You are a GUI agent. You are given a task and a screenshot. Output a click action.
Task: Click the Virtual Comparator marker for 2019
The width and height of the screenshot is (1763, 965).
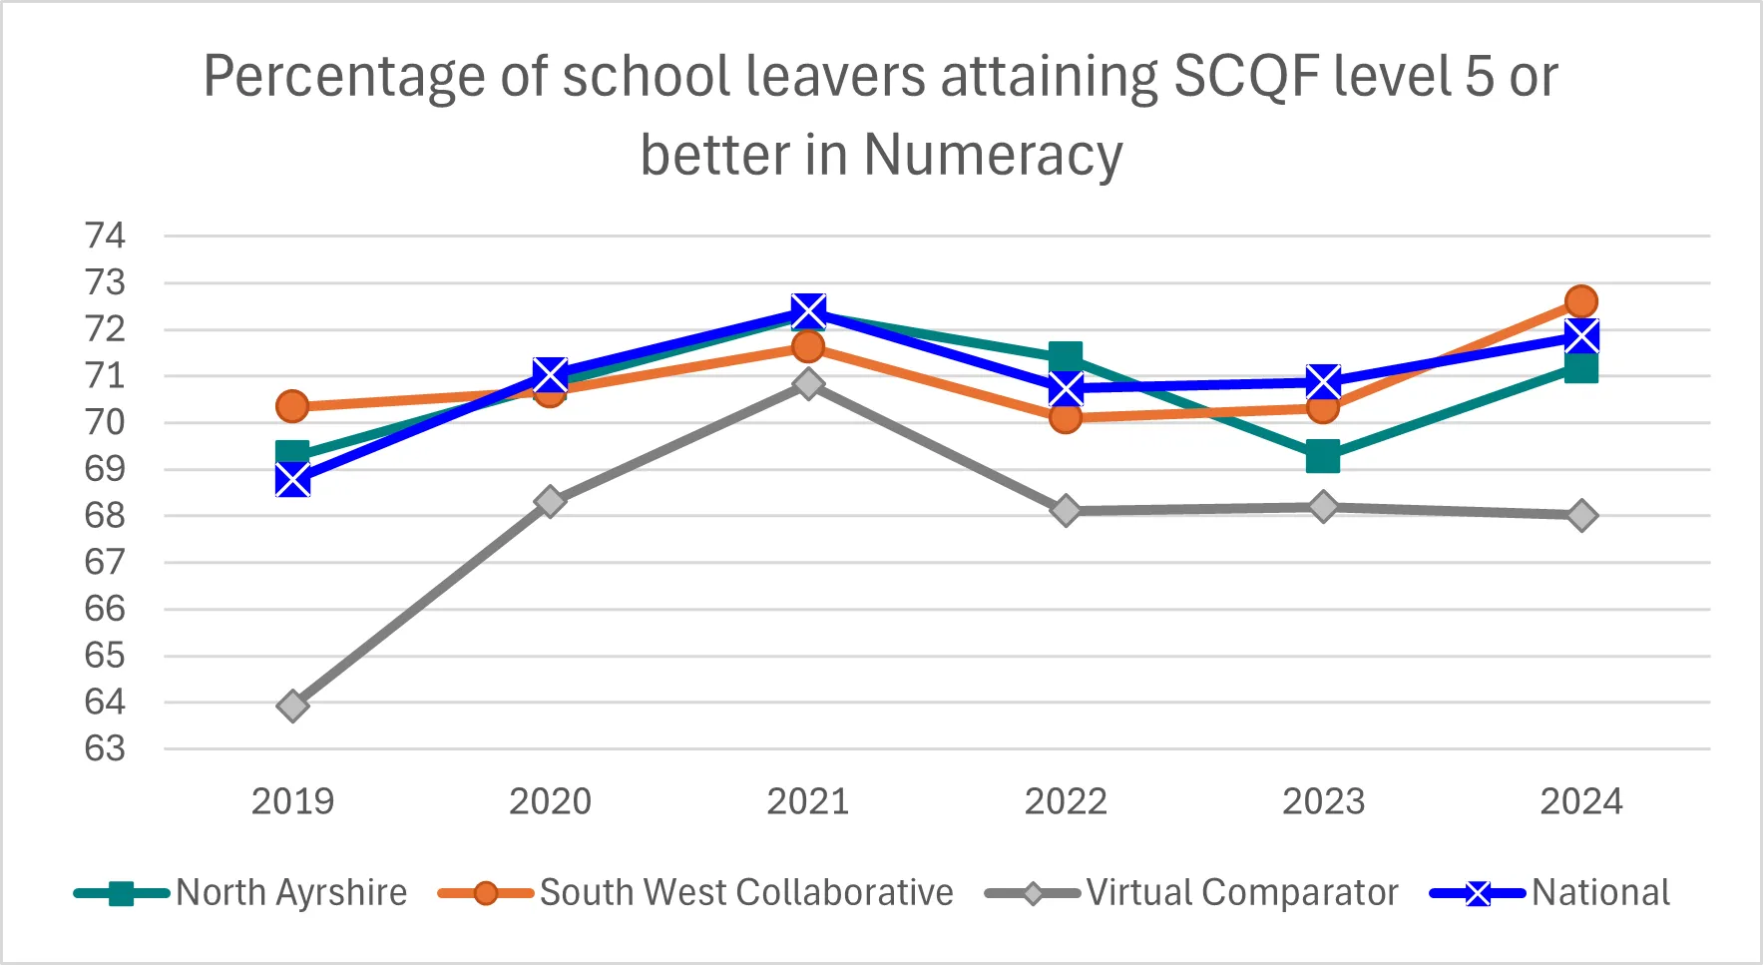[292, 707]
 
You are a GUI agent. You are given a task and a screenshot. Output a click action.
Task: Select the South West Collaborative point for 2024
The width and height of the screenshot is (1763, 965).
[1581, 301]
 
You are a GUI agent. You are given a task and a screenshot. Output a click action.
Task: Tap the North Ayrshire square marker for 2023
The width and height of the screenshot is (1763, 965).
[1323, 457]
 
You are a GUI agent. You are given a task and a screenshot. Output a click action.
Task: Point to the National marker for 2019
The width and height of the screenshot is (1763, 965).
[292, 480]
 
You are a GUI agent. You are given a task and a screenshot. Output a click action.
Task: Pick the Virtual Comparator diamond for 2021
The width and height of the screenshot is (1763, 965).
[808, 384]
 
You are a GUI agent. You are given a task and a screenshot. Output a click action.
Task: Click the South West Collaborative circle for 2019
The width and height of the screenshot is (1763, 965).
[292, 406]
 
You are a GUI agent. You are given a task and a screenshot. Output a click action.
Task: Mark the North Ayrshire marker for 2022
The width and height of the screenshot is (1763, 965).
[1066, 356]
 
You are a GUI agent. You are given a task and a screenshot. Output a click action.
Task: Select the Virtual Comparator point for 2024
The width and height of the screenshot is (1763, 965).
[1581, 516]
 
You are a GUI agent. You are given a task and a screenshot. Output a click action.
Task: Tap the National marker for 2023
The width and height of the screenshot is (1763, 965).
[1323, 382]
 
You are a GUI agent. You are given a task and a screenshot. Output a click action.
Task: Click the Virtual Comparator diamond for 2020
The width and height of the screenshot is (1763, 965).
[550, 501]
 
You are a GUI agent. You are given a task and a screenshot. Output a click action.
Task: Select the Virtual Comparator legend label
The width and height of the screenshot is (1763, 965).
[1241, 892]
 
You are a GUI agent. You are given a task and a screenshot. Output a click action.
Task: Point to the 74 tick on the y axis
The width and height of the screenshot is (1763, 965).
[106, 237]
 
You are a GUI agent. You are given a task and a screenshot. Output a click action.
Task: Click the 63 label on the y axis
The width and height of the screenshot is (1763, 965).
[106, 748]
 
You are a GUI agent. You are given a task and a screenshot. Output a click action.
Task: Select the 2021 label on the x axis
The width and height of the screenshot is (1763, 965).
[808, 801]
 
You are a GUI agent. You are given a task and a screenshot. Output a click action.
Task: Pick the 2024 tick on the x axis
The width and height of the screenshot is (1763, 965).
[1581, 801]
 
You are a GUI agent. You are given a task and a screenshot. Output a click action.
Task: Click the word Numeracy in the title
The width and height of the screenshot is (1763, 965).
[993, 156]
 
